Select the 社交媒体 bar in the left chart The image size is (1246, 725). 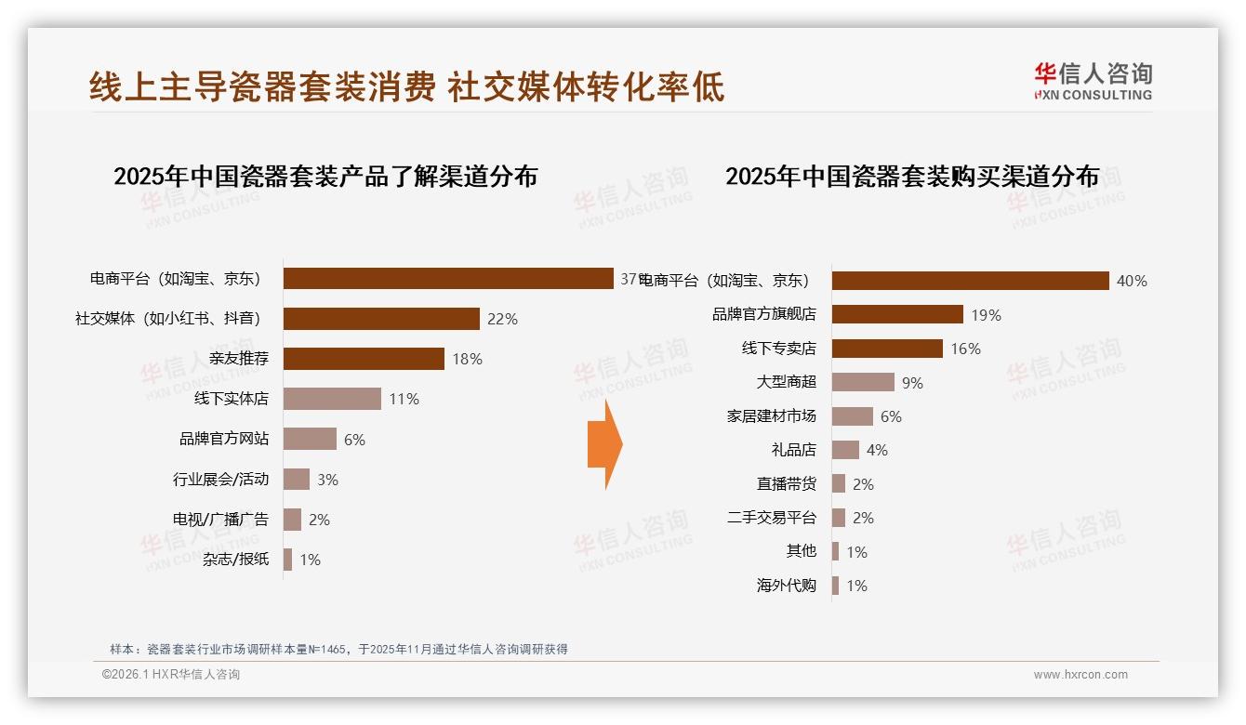click(x=381, y=319)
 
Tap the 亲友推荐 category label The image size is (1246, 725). click(x=239, y=359)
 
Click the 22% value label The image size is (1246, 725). click(x=502, y=319)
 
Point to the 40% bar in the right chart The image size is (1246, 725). click(x=970, y=281)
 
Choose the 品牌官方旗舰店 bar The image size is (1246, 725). click(x=897, y=314)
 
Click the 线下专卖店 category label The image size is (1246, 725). click(x=778, y=349)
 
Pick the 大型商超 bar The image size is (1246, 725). click(x=863, y=382)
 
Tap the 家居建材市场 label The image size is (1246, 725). click(x=771, y=416)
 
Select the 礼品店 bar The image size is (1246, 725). click(x=845, y=450)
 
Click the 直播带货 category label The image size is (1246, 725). click(x=786, y=484)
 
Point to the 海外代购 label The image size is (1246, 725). click(x=786, y=586)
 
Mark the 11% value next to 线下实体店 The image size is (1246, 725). click(x=404, y=399)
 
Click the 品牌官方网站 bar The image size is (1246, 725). click(x=310, y=439)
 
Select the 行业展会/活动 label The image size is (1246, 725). click(x=220, y=480)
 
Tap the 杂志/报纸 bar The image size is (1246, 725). click(x=287, y=560)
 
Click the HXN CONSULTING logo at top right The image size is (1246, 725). click(x=1093, y=82)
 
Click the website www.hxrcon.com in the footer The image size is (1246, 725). click(x=1080, y=675)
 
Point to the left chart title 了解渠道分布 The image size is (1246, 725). click(x=325, y=177)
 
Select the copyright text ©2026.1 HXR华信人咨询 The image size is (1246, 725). click(x=171, y=675)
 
